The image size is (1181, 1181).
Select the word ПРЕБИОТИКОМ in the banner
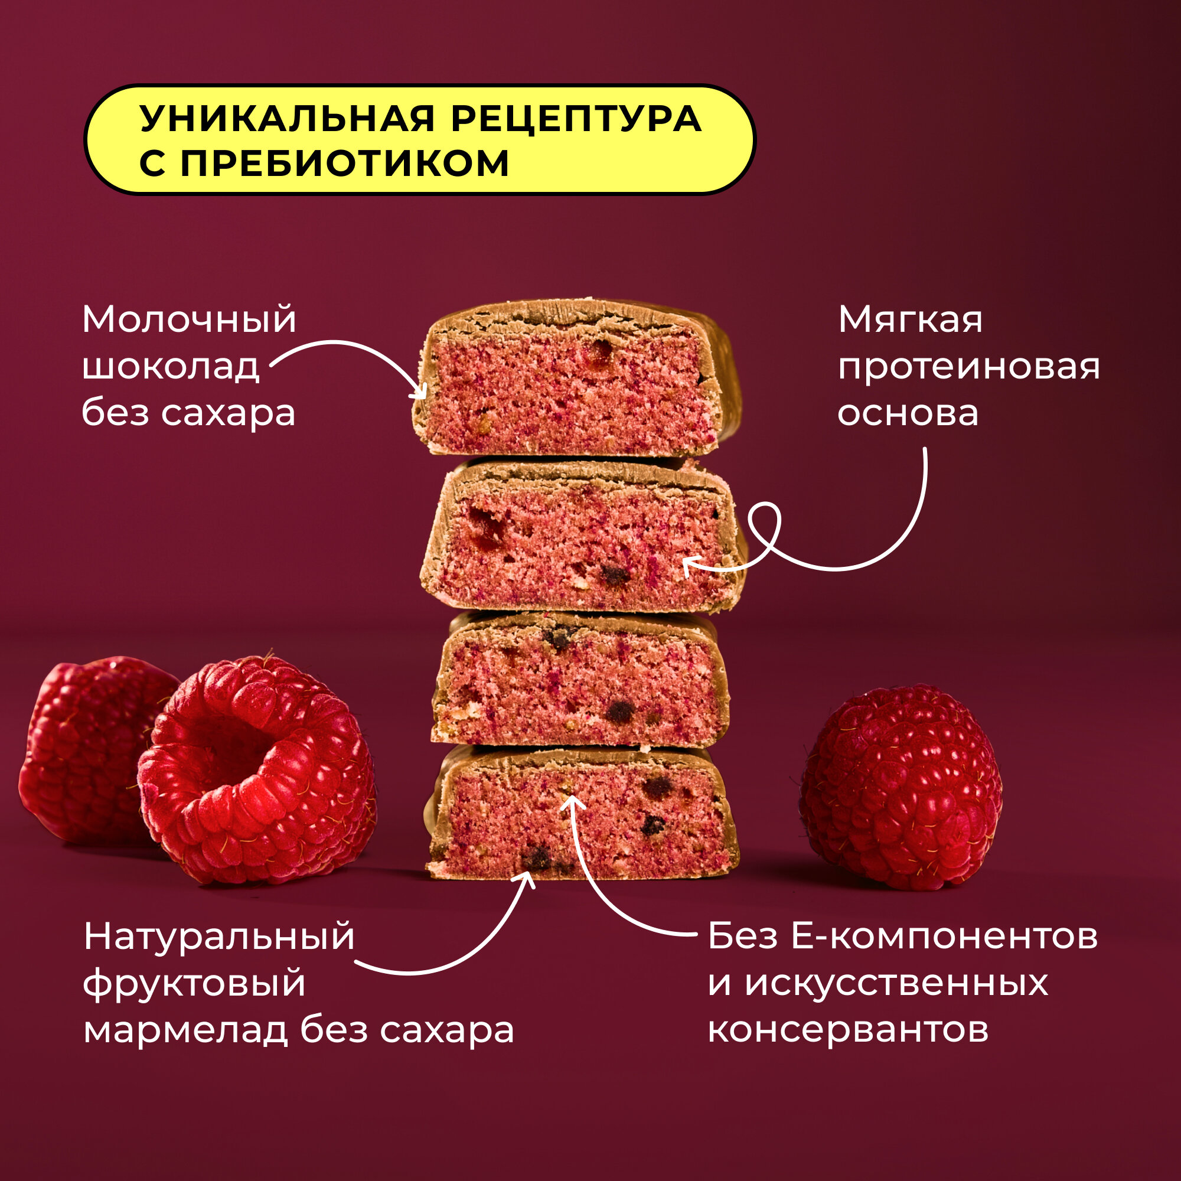pyautogui.click(x=345, y=163)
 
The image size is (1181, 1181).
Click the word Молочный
pyautogui.click(x=189, y=319)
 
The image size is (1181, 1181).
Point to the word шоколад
pyautogui.click(x=171, y=367)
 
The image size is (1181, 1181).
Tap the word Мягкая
pyautogui.click(x=910, y=319)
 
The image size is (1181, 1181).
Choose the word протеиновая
pyautogui.click(x=969, y=367)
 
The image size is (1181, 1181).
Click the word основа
pyautogui.click(x=908, y=413)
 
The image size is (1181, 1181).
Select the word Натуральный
pyautogui.click(x=219, y=937)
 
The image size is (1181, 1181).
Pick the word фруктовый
pyautogui.click(x=194, y=984)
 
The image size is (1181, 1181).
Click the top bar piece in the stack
pyautogui.click(x=575, y=379)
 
